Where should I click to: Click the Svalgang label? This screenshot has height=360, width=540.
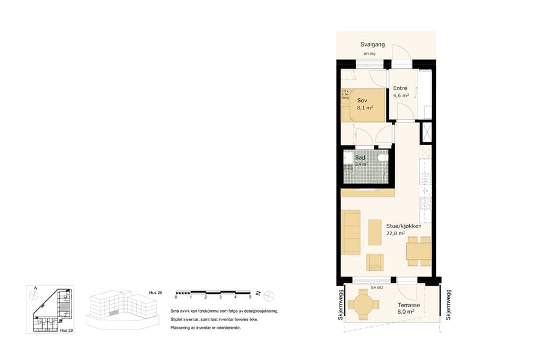[x=373, y=45]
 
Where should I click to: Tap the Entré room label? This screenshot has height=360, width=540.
[x=400, y=87]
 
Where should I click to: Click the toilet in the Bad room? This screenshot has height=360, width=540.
[x=385, y=158]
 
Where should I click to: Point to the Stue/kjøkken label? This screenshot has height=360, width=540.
[x=404, y=226]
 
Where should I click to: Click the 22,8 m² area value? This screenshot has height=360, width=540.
[x=396, y=234]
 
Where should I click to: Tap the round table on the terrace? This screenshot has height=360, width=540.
[x=364, y=304]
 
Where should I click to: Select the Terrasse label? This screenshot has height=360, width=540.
[x=408, y=305]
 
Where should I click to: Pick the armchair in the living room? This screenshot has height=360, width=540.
[x=375, y=262]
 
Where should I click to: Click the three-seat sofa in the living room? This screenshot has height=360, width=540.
[x=350, y=232]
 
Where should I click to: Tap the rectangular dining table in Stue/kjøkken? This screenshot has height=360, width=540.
[x=418, y=251]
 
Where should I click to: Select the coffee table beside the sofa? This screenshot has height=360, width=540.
[x=375, y=232]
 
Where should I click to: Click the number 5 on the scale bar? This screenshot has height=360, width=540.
[x=250, y=297]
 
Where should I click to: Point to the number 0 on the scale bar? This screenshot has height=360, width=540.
[x=176, y=297]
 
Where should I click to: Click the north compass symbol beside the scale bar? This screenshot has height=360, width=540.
[x=269, y=294]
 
